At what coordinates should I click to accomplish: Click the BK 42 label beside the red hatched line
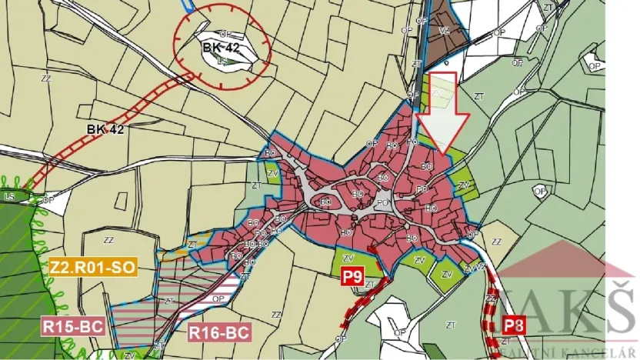pos(105,130)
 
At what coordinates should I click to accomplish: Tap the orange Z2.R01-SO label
pos(92,268)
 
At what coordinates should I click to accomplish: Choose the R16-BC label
pos(219,333)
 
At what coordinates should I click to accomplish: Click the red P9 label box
pos(352,277)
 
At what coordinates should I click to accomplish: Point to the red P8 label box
pos(514,324)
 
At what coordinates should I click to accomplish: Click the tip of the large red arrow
pos(442,152)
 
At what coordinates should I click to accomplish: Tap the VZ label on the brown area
pos(444,31)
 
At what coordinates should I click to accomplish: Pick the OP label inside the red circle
pos(225,34)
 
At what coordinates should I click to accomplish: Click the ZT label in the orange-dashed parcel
pos(192,243)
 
